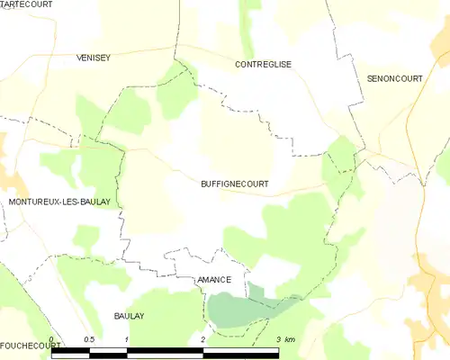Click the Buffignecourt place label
(x=234, y=184)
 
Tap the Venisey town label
(x=94, y=58)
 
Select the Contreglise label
(x=263, y=65)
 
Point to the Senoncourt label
(x=394, y=79)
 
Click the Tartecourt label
(x=26, y=4)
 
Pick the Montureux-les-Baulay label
(x=59, y=202)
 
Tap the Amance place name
(x=213, y=280)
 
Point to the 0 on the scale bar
(x=51, y=339)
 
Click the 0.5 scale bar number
(x=89, y=339)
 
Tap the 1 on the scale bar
(x=127, y=339)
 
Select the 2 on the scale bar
(x=203, y=339)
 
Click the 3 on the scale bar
(x=279, y=339)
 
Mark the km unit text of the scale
(x=290, y=339)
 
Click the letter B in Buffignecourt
(x=203, y=184)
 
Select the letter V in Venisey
(x=80, y=58)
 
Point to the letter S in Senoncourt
(x=370, y=79)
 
